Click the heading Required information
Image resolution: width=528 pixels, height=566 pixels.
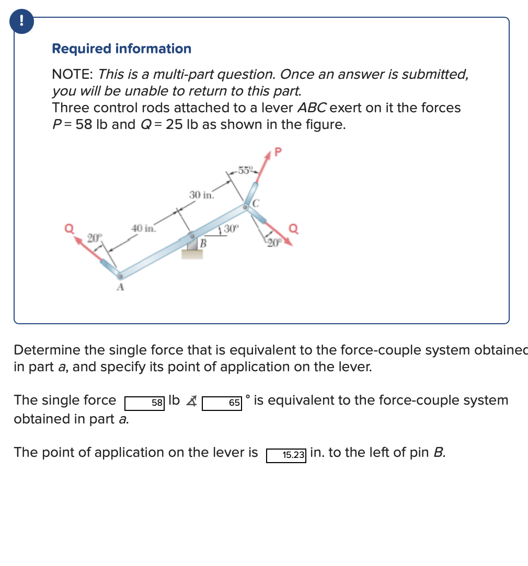(121, 49)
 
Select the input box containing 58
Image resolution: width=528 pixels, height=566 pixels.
(145, 402)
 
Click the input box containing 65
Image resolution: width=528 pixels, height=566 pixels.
(222, 403)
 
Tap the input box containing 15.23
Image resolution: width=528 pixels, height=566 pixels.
(286, 454)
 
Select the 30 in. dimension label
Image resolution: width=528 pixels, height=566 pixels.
(201, 195)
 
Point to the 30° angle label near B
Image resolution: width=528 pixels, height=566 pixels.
(231, 228)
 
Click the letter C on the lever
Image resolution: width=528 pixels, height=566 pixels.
(256, 202)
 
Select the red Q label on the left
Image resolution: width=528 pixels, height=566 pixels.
(68, 228)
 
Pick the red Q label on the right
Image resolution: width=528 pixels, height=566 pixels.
(294, 227)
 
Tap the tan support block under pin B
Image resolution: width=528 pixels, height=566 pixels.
(192, 254)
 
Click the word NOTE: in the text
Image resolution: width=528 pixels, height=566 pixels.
(73, 74)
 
